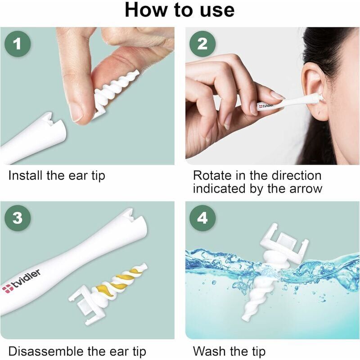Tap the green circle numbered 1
tap(18, 44)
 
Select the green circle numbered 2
tap(202, 44)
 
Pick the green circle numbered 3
tap(18, 218)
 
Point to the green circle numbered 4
tap(202, 218)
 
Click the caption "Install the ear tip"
tap(57, 176)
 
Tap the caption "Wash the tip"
tap(229, 351)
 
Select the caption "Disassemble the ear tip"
tap(77, 351)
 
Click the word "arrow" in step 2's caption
tap(306, 189)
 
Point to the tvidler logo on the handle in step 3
tap(21, 281)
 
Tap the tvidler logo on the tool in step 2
tap(266, 106)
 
